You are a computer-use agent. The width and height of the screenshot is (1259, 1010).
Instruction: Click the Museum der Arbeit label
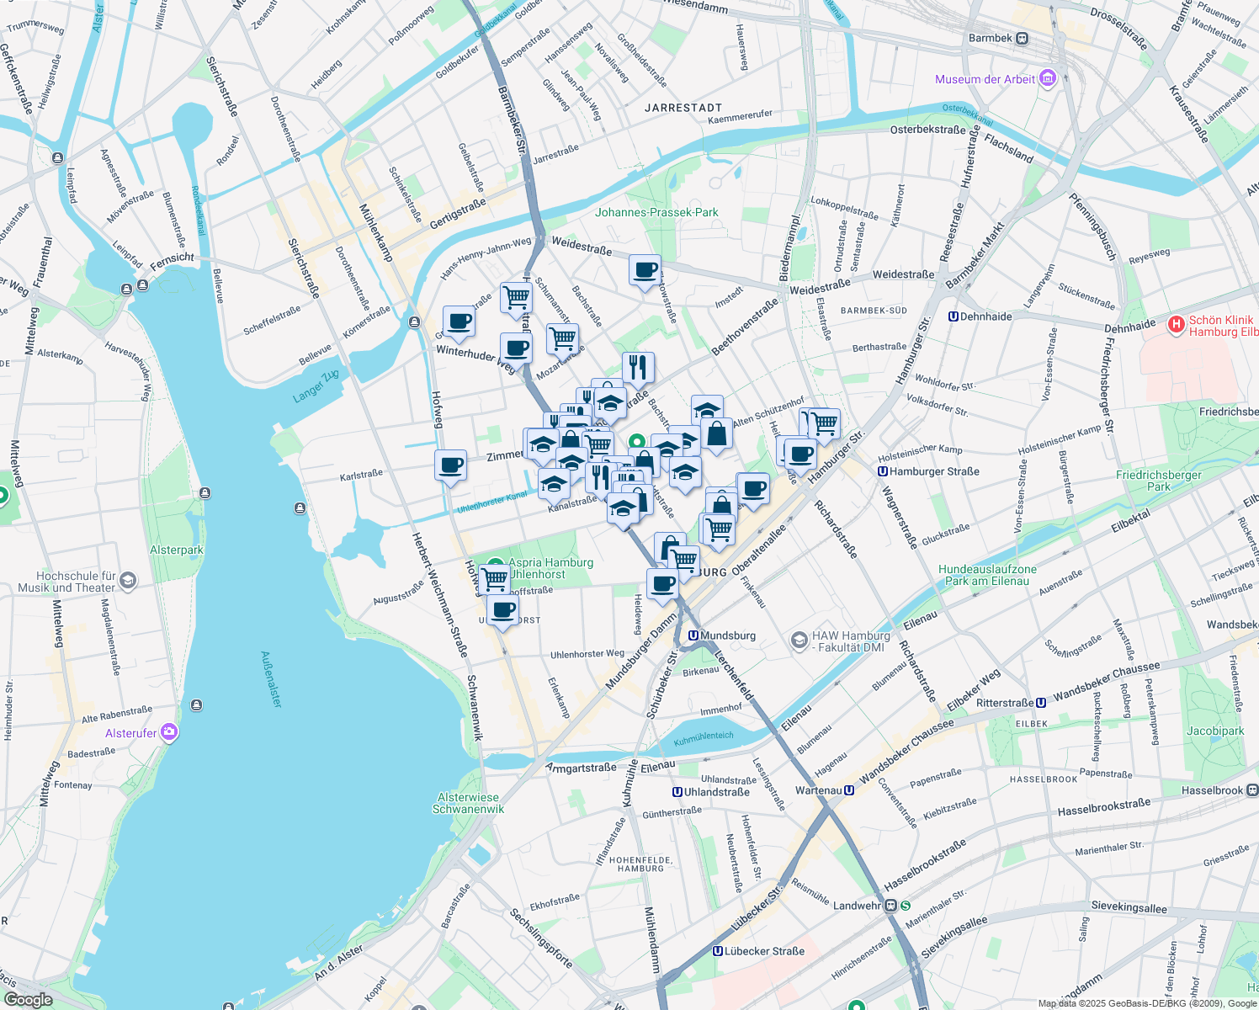point(985,80)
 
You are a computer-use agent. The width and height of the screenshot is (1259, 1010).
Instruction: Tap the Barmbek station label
point(991,38)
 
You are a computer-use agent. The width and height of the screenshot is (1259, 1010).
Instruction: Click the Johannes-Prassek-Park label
point(656,212)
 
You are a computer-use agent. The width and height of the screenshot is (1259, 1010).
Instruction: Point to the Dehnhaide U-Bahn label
point(985,317)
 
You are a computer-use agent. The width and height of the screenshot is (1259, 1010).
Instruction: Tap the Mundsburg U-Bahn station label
point(727,635)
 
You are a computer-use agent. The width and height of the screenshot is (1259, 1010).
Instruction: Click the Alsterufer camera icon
point(170,732)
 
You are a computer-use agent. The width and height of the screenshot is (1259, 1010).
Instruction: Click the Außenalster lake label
point(271,679)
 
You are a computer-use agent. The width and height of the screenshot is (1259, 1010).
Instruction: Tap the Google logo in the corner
point(29,1000)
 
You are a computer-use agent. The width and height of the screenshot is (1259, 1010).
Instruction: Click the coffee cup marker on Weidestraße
point(645,271)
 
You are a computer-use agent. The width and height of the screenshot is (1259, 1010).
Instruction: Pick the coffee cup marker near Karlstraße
point(451,465)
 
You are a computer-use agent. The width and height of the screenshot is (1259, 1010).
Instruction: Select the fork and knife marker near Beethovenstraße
point(639,368)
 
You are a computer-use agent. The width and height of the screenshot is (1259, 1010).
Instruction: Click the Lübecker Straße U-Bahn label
point(764,951)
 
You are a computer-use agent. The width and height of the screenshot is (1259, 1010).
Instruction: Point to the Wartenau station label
point(818,790)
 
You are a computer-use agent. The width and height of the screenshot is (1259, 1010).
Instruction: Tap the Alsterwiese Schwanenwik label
point(468,803)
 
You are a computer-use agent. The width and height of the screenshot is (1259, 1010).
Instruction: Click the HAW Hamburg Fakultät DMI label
point(850,641)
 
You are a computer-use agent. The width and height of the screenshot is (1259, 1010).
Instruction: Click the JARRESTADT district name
point(683,108)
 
